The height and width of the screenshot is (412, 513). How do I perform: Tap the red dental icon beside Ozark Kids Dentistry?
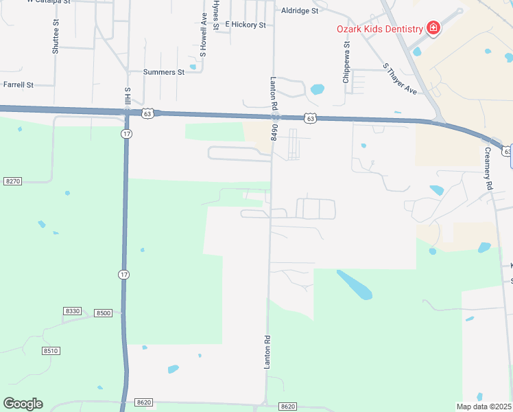(x=433, y=28)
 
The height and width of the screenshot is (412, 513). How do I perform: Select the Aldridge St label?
(x=300, y=11)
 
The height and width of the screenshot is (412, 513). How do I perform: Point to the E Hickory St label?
(x=246, y=25)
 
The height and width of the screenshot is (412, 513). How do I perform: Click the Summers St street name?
(x=164, y=71)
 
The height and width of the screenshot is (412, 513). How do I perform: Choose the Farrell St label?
(x=19, y=85)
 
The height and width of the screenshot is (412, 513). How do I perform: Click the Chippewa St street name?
(x=347, y=62)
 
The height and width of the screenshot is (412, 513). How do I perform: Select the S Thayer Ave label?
(x=400, y=79)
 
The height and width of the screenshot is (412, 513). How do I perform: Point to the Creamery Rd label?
(x=488, y=169)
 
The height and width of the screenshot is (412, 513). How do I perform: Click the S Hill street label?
(x=127, y=97)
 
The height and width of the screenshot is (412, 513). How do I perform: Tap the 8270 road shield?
(x=12, y=181)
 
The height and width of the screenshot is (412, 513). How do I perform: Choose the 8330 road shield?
(x=72, y=311)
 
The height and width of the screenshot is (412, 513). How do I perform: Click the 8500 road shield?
(x=103, y=313)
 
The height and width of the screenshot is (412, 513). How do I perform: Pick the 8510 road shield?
(x=51, y=351)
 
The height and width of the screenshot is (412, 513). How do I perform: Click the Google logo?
(x=23, y=404)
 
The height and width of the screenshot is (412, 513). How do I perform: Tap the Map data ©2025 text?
(x=484, y=407)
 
